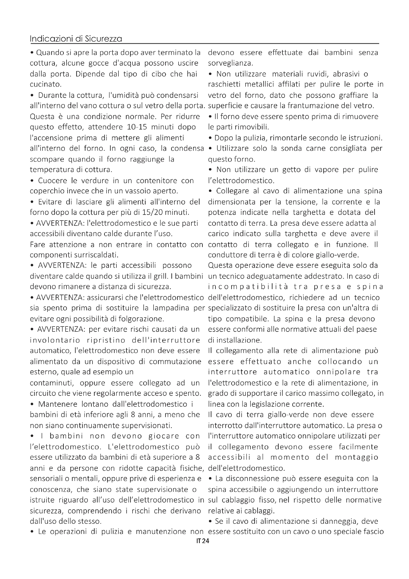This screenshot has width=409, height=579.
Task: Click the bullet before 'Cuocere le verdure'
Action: (32, 181)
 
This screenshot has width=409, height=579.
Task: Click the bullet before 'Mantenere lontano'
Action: (32, 404)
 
